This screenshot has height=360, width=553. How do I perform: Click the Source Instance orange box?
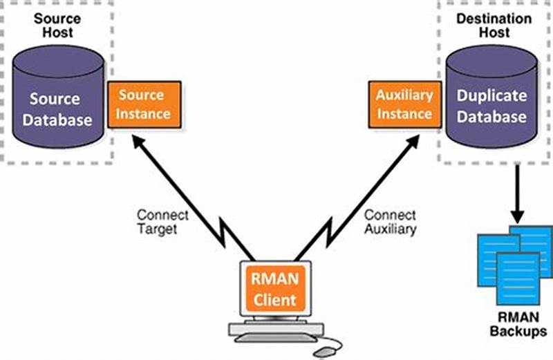click(144, 104)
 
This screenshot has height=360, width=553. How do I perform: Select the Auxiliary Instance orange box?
click(404, 104)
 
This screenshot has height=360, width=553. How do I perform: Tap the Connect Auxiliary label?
click(391, 222)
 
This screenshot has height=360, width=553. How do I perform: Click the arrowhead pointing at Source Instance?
click(140, 143)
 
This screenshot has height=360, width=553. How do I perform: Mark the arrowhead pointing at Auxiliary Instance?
click(408, 143)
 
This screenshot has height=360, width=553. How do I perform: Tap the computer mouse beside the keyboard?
click(324, 350)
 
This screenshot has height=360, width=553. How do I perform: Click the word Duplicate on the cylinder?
click(491, 97)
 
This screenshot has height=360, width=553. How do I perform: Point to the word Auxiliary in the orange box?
click(404, 95)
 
